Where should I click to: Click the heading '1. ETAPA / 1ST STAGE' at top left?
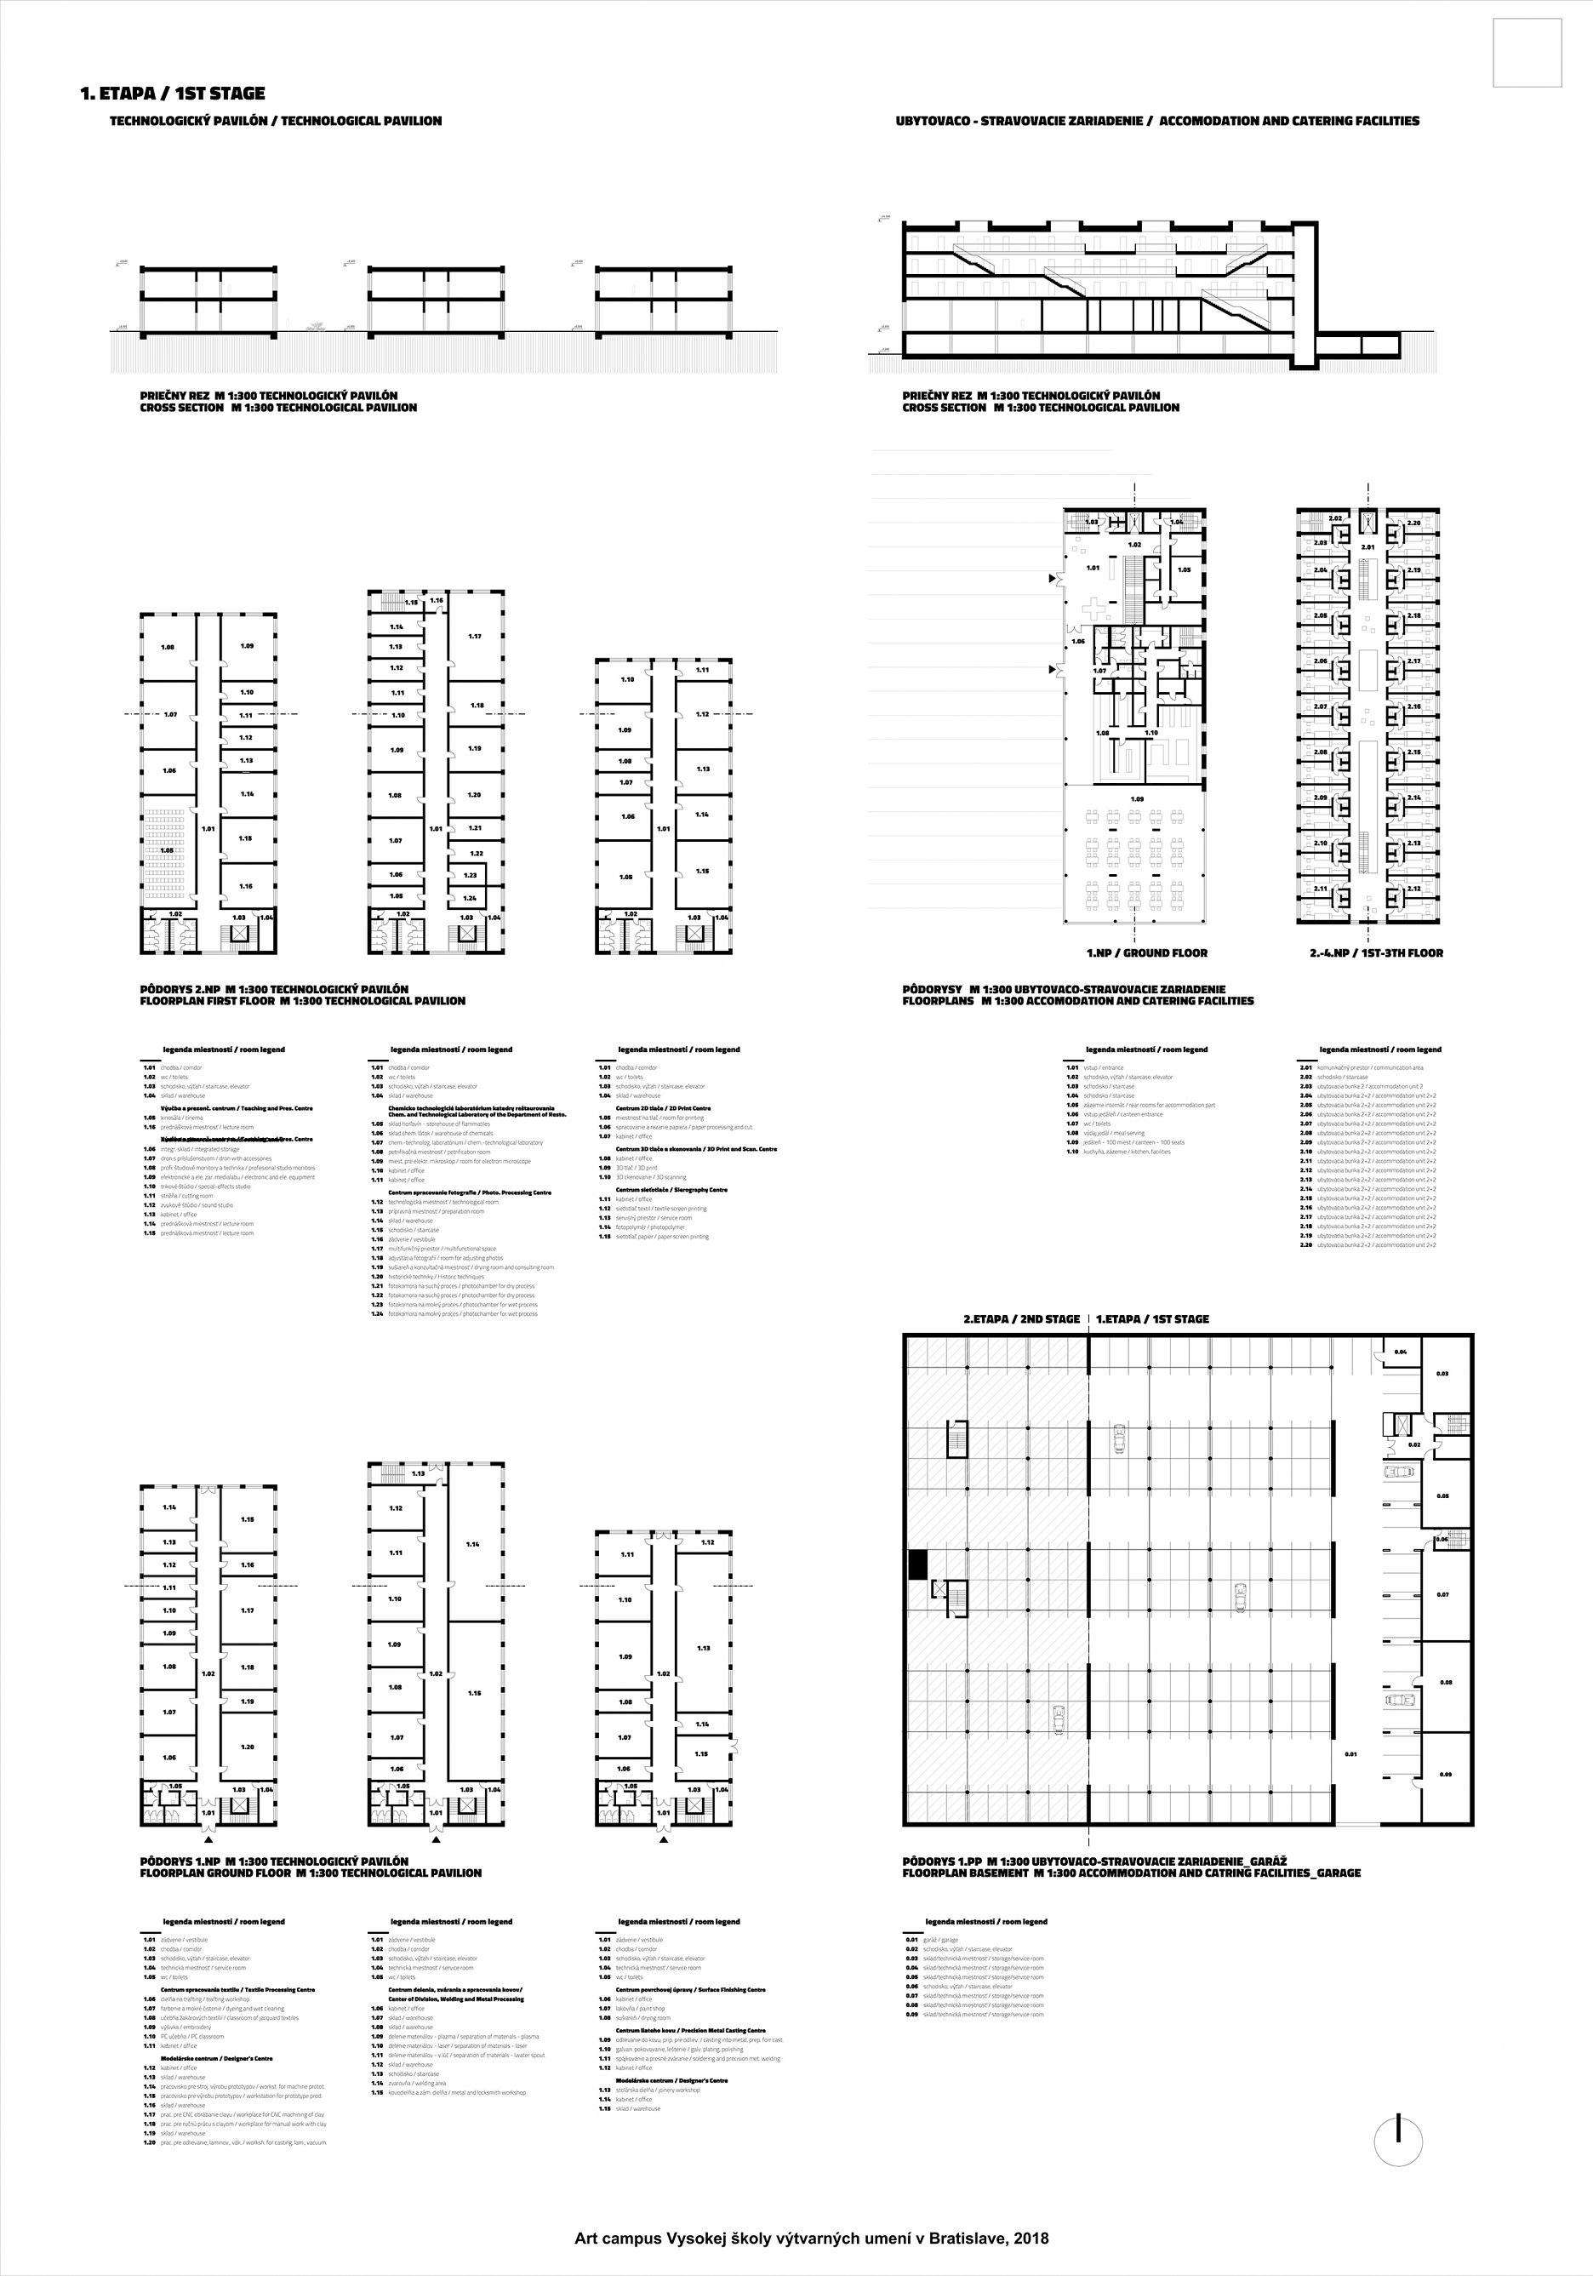tap(173, 94)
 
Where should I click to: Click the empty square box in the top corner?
tap(1527, 54)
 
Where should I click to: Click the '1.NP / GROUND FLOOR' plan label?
tap(1147, 952)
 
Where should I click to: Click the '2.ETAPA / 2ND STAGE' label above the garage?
tap(1021, 1319)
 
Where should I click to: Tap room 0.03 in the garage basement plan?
tap(1442, 1374)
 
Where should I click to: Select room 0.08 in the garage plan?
tap(1445, 1682)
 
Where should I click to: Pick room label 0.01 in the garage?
tap(1350, 1753)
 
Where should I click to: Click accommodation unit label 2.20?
tap(1413, 523)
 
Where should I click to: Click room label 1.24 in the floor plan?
tap(471, 897)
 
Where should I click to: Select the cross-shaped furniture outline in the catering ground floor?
tap(1099, 609)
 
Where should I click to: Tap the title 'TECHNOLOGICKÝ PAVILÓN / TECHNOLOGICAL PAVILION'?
tap(276, 121)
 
